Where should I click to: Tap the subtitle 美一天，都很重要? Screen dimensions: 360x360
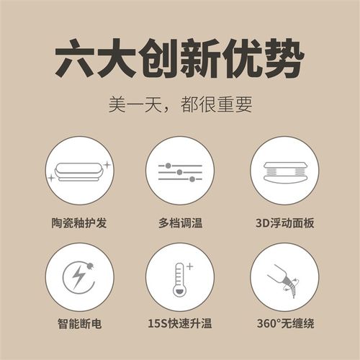[180, 105]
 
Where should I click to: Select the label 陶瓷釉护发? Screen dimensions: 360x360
[78, 222]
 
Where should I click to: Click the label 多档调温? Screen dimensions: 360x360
[179, 222]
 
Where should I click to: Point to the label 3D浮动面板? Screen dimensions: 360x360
[283, 222]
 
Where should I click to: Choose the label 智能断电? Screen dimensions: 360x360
[78, 324]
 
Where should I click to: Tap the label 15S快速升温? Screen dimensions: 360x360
[179, 324]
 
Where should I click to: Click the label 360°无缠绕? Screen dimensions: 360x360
[283, 324]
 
